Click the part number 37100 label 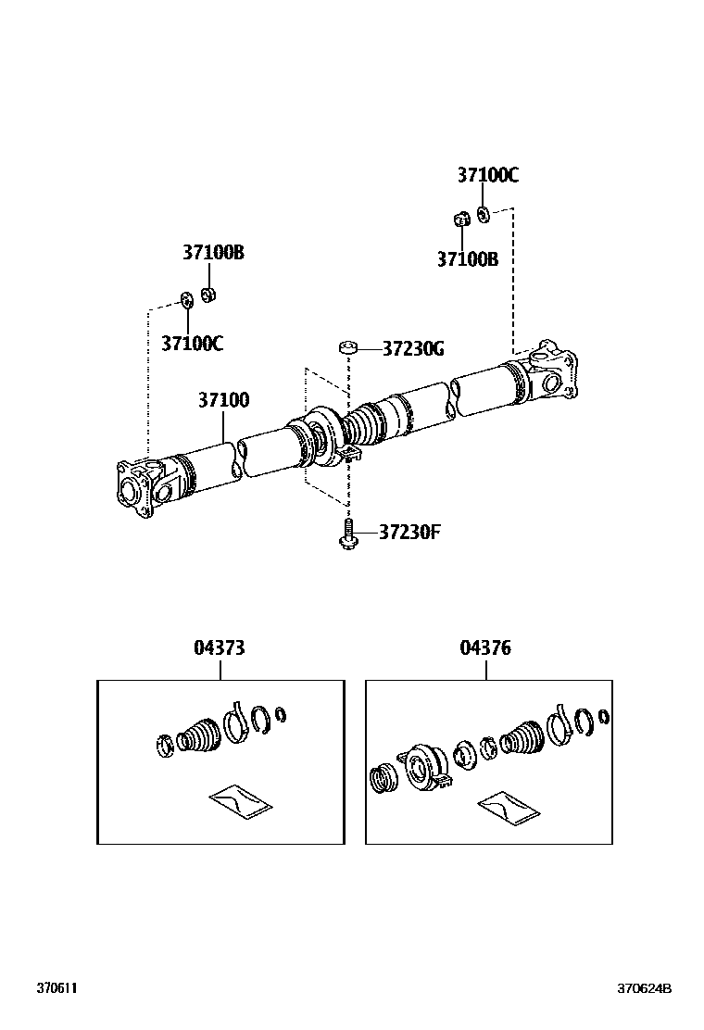click(222, 401)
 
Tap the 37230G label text click(413, 349)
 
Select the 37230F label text click(409, 533)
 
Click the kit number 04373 click(220, 648)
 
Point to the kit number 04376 click(484, 648)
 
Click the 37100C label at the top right click(487, 175)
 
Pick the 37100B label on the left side click(213, 252)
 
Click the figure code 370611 click(57, 988)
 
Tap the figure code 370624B click(645, 988)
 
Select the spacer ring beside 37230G click(348, 348)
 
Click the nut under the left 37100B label click(209, 295)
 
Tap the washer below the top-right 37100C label click(484, 215)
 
